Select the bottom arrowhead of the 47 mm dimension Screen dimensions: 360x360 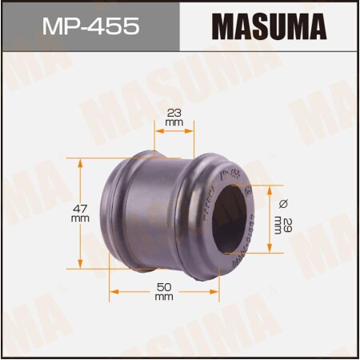point(80,266)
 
